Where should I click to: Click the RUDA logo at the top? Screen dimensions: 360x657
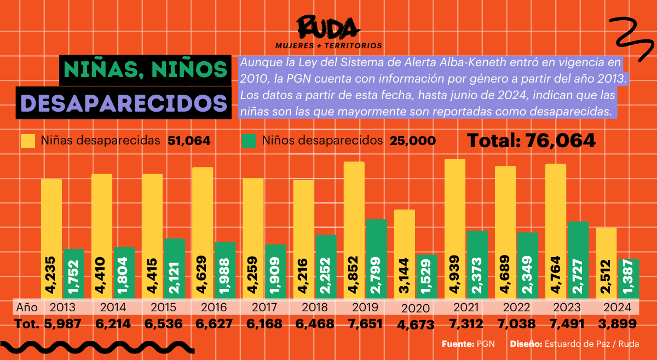[x=328, y=27]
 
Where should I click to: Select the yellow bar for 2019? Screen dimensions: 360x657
[x=354, y=230]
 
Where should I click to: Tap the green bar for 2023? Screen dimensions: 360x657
[x=578, y=260]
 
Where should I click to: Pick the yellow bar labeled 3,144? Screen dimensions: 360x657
[x=405, y=254]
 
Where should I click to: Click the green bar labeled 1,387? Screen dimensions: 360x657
[x=628, y=278]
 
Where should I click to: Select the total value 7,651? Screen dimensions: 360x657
[x=366, y=324]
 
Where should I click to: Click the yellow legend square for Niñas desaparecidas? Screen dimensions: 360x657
[x=28, y=141]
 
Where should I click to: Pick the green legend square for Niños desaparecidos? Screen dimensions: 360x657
[x=249, y=141]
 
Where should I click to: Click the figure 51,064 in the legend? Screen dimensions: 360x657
[x=189, y=141]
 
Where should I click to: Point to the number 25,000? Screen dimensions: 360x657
[x=413, y=141]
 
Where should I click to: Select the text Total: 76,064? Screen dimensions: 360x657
[x=531, y=141]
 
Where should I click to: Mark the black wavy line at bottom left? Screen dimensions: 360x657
[x=99, y=346]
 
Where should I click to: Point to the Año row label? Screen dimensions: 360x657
[x=26, y=307]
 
